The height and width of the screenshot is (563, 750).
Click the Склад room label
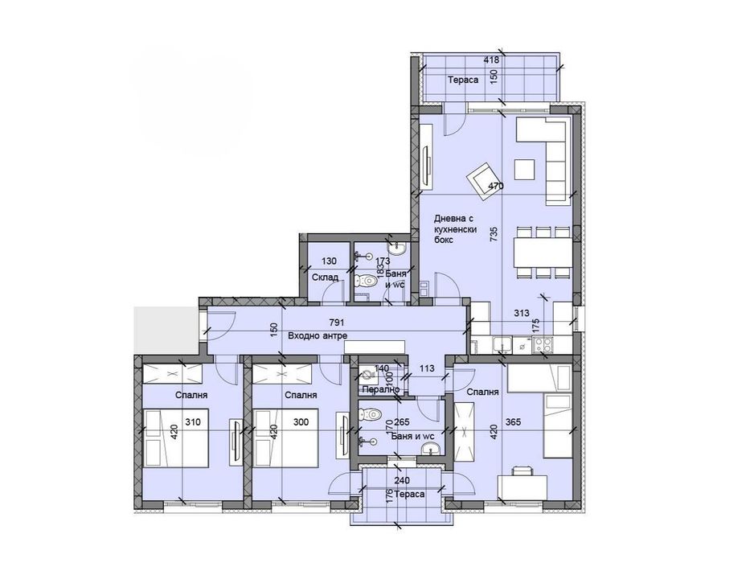tap(324, 277)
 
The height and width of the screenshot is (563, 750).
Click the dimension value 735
tap(494, 234)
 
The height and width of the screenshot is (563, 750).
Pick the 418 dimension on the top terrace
tap(491, 60)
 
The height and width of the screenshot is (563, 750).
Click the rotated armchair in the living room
tap(482, 178)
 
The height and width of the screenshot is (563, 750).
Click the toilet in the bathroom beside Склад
tap(367, 281)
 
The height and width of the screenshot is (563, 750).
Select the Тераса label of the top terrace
tap(464, 80)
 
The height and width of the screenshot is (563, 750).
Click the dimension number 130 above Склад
tap(329, 260)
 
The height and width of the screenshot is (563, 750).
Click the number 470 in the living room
tap(496, 186)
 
